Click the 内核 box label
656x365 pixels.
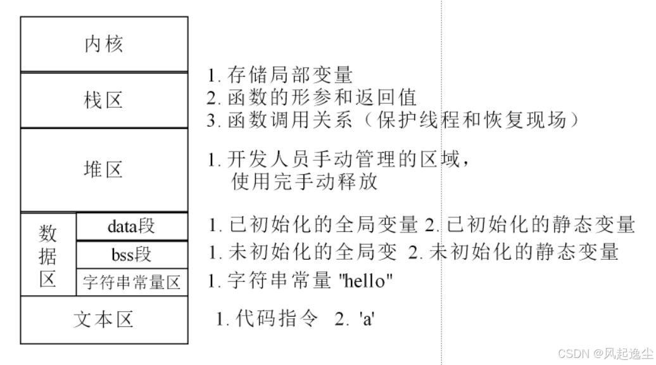[104, 44]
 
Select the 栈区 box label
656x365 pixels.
[104, 100]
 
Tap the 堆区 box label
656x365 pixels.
[104, 169]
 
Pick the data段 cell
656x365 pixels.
[132, 226]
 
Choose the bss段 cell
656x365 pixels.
[132, 254]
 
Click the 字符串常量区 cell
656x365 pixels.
[132, 283]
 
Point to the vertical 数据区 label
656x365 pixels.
[48, 255]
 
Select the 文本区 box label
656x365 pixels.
[104, 319]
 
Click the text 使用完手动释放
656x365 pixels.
[305, 182]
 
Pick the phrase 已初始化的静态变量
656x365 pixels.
[541, 224]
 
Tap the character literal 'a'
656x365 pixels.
[368, 319]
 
